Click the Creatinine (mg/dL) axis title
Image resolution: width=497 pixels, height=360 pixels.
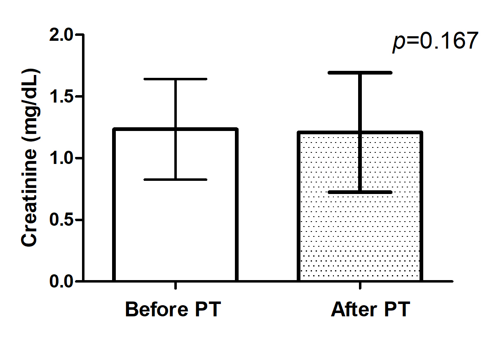[30, 159]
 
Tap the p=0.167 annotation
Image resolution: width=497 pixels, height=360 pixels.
[435, 42]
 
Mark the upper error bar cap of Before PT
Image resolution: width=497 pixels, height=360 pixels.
[176, 79]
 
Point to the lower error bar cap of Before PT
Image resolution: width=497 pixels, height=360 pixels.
[176, 180]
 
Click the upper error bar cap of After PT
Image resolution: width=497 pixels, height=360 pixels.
[360, 72]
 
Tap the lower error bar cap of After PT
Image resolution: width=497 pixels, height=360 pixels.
[360, 192]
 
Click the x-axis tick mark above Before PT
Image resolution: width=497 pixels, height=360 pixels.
[176, 286]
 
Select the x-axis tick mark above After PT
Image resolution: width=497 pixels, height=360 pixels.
[360, 286]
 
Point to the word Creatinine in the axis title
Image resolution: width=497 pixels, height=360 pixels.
[30, 198]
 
